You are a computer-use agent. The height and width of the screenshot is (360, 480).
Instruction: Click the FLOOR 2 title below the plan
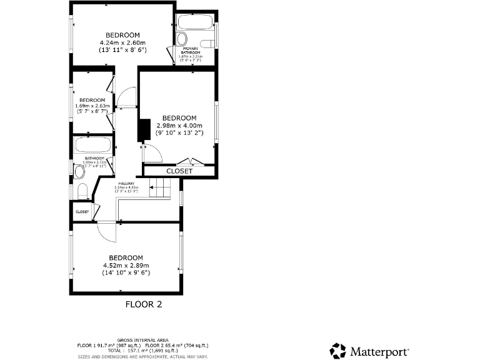tap(144, 305)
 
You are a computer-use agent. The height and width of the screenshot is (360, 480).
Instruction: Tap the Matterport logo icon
tap(337, 349)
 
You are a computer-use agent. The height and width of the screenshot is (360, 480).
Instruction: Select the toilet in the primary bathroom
tap(211, 42)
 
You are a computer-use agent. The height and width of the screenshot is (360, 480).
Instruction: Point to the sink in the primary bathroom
tap(181, 37)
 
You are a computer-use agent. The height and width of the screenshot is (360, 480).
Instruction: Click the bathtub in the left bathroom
tap(92, 147)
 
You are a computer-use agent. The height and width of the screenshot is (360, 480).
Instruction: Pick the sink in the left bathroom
tap(79, 171)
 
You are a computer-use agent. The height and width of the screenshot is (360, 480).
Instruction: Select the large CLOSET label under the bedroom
tap(179, 171)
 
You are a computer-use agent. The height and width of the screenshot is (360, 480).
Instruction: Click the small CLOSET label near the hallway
tap(82, 212)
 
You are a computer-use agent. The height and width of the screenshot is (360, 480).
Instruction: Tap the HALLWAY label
tap(126, 183)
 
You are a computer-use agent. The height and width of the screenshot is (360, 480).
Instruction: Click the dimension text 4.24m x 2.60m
tap(122, 42)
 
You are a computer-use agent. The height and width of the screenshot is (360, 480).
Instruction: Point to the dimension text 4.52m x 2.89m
tap(126, 265)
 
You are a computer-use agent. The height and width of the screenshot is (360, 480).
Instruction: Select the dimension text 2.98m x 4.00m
tap(179, 125)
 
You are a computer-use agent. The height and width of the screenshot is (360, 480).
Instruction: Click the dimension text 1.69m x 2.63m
tap(92, 106)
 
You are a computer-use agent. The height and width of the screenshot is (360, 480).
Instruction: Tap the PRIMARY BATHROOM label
tap(191, 50)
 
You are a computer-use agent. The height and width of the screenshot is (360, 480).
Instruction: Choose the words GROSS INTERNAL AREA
tap(142, 340)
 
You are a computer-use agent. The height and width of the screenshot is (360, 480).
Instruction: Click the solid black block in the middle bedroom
tap(144, 129)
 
